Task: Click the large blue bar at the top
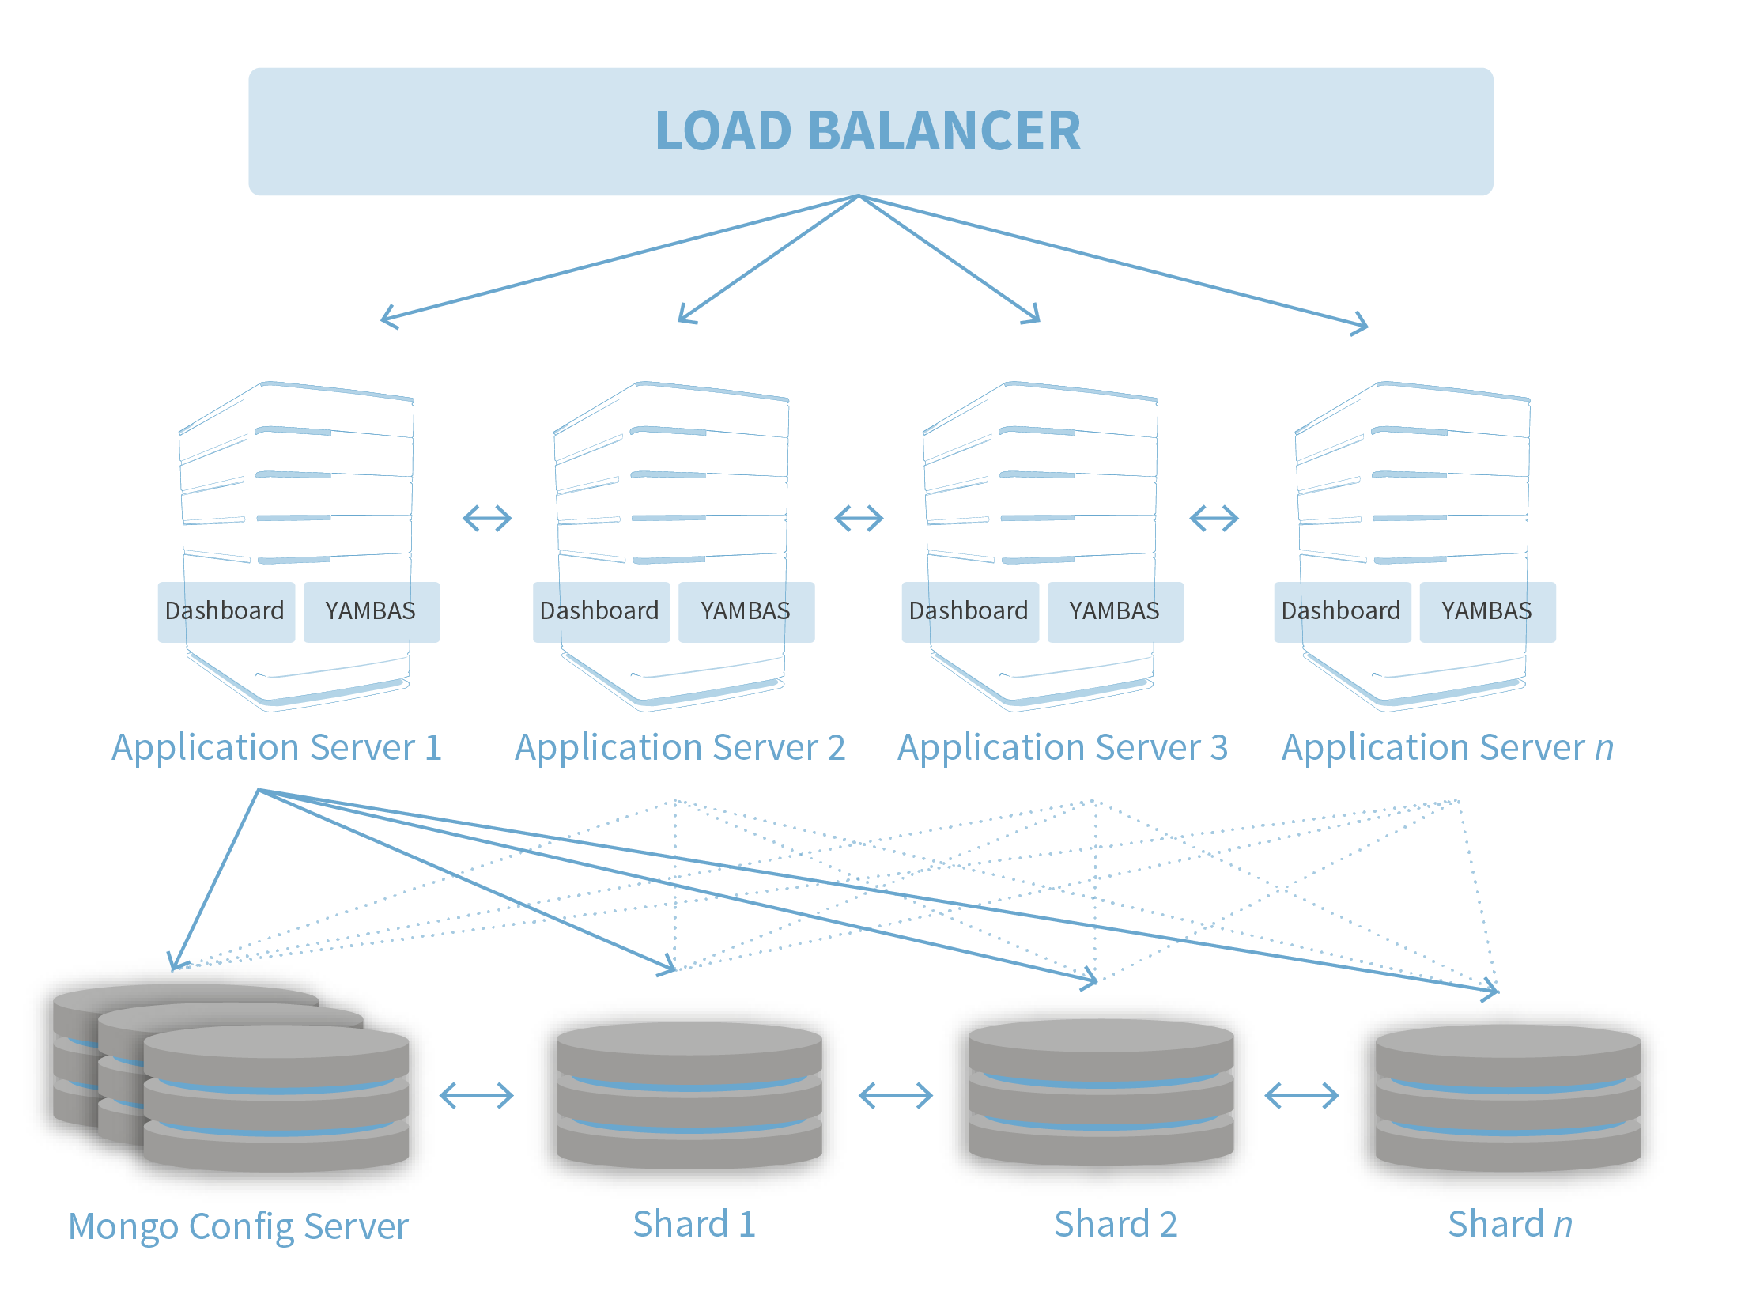(x=870, y=131)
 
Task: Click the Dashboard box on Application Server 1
(x=225, y=611)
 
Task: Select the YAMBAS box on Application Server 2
(x=745, y=611)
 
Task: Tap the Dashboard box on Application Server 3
(x=969, y=611)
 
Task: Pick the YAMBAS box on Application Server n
(x=1486, y=611)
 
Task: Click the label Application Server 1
(x=277, y=748)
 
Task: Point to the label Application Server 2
(x=680, y=748)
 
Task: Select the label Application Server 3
(x=1063, y=748)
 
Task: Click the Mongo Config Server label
(x=238, y=1227)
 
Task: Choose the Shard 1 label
(x=693, y=1225)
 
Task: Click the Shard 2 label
(x=1116, y=1225)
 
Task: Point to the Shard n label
(x=1509, y=1225)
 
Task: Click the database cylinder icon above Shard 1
(x=688, y=1096)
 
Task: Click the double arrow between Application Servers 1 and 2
(x=487, y=519)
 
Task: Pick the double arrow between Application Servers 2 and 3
(x=859, y=519)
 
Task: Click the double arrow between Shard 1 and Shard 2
(x=896, y=1096)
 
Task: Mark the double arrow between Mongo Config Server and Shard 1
(x=476, y=1096)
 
